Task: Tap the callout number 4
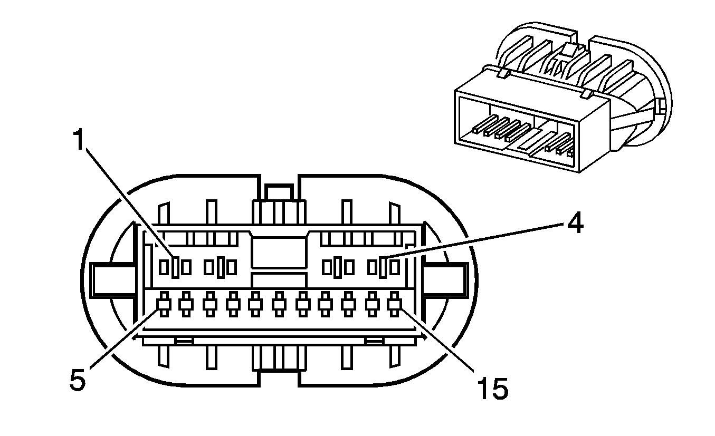coord(575,225)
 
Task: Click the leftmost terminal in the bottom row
coord(163,304)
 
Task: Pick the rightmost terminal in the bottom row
coord(394,304)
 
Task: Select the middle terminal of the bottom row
coord(279,304)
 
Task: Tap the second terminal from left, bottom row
coord(186,304)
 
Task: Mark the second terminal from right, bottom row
coord(371,304)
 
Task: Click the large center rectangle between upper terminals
coord(279,253)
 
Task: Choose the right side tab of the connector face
coord(449,279)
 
